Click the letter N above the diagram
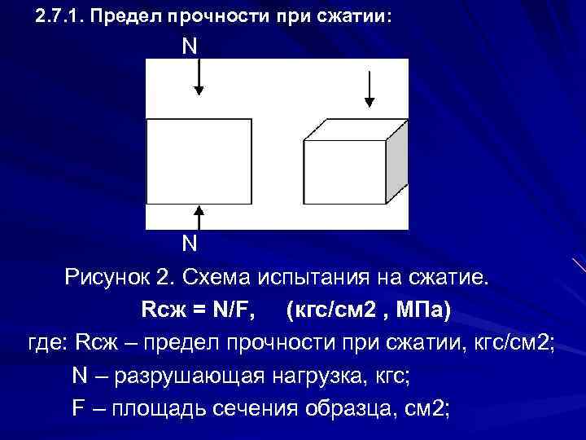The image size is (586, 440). pos(189,46)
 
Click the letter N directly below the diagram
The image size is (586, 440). pos(189,244)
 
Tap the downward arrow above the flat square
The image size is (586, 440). pos(199,80)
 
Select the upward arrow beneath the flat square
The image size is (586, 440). pos(199,217)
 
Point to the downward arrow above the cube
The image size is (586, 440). pos(370,89)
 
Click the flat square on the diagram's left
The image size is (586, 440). pos(199,161)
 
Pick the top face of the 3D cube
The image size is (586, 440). pos(355,130)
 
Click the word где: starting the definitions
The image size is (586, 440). pos(48,342)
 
